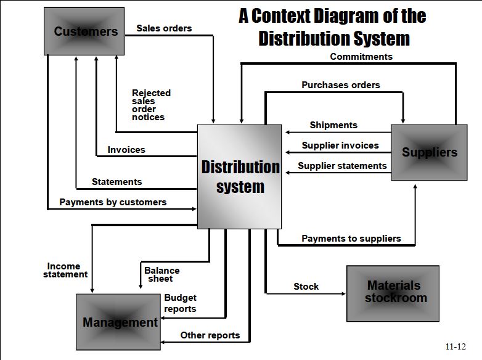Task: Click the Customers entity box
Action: (84, 31)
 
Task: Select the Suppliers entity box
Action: (429, 152)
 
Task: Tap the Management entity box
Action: (118, 322)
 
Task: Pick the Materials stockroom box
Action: (393, 293)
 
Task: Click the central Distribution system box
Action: (240, 176)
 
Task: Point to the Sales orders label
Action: (164, 28)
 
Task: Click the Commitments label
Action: (361, 57)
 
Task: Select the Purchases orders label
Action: (341, 85)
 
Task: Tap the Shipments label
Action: (333, 125)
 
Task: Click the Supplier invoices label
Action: (340, 145)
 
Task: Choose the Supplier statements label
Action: (342, 166)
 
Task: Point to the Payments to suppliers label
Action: (351, 239)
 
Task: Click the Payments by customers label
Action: (113, 202)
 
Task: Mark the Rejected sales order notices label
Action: (151, 105)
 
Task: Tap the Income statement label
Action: (65, 270)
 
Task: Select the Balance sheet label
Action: (161, 274)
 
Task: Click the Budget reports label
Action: (180, 303)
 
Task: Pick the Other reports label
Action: (210, 335)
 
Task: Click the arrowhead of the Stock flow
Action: (344, 293)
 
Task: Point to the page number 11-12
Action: (455, 346)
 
